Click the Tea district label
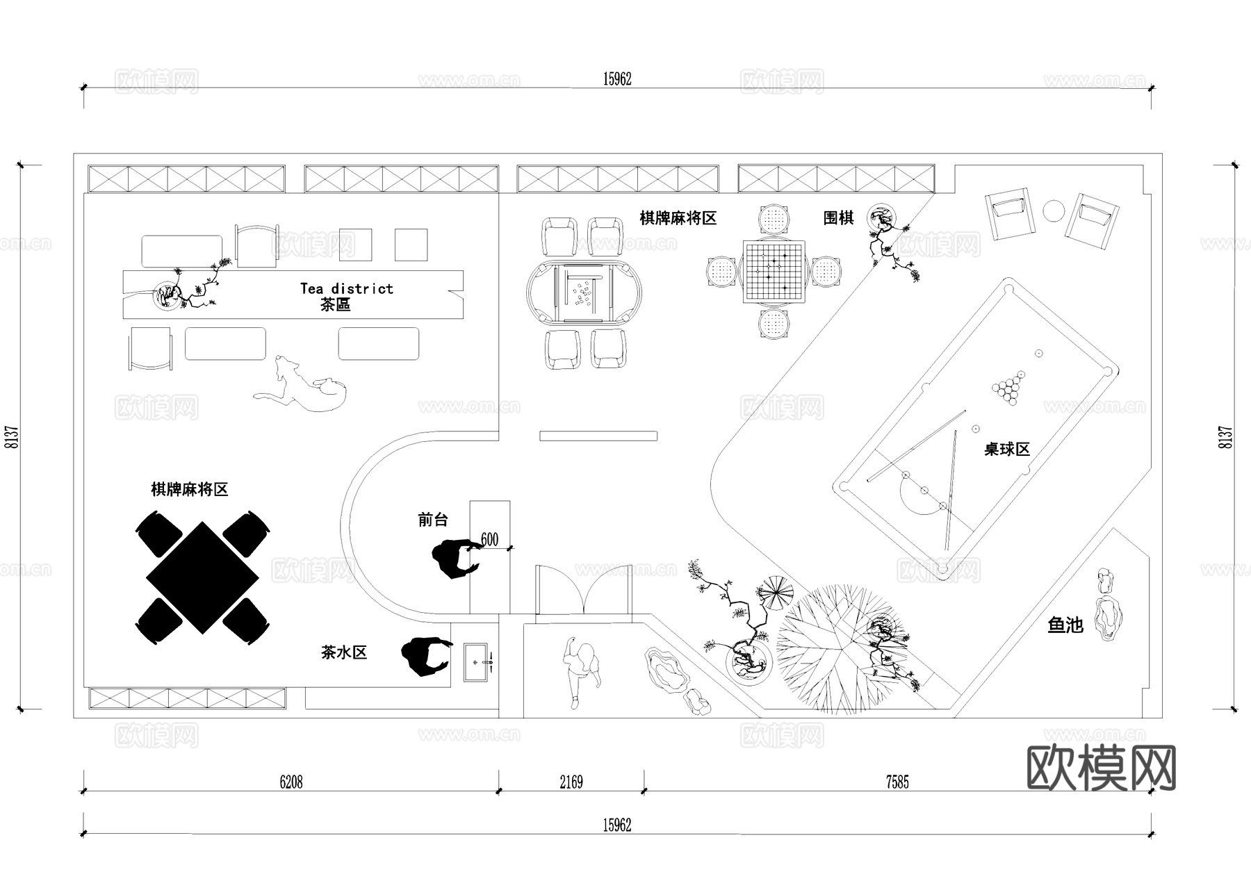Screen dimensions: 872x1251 click(x=346, y=288)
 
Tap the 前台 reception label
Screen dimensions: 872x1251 click(x=433, y=520)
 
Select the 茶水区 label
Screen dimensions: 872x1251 click(x=344, y=652)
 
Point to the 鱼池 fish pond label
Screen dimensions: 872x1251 click(x=1065, y=625)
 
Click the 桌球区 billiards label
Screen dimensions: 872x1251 click(x=1006, y=450)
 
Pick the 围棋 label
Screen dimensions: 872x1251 click(x=838, y=218)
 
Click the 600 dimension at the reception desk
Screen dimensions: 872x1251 click(x=489, y=540)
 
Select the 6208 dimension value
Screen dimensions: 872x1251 click(x=291, y=782)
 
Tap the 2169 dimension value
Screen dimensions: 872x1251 click(x=571, y=782)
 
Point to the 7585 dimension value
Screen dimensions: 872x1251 click(x=897, y=782)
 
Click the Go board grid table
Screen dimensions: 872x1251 click(x=774, y=271)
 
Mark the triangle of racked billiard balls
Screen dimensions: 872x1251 click(x=1008, y=391)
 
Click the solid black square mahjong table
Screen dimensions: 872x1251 click(x=202, y=577)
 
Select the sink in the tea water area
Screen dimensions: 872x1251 click(x=479, y=663)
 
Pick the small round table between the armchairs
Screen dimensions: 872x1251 click(x=1054, y=211)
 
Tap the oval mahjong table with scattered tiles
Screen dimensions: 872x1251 click(x=584, y=293)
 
